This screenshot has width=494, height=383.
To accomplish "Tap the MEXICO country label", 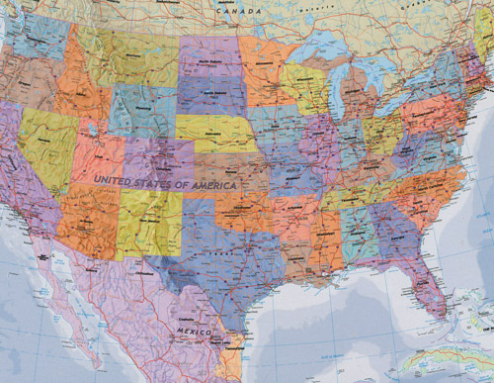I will pos(194,329).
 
